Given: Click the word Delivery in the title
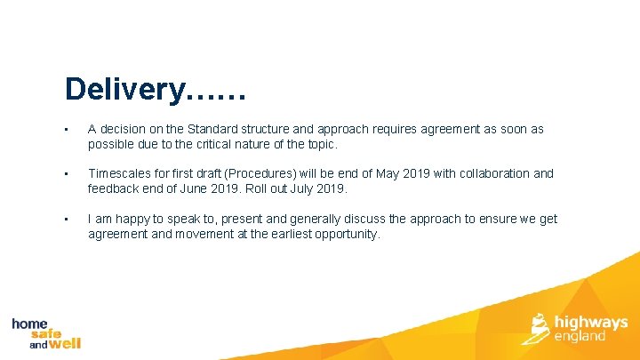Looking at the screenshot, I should (x=124, y=90).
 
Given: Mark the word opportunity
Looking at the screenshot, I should (x=347, y=234).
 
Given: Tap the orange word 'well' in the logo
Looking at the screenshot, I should (x=64, y=343).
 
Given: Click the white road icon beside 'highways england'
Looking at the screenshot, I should (x=539, y=327).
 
